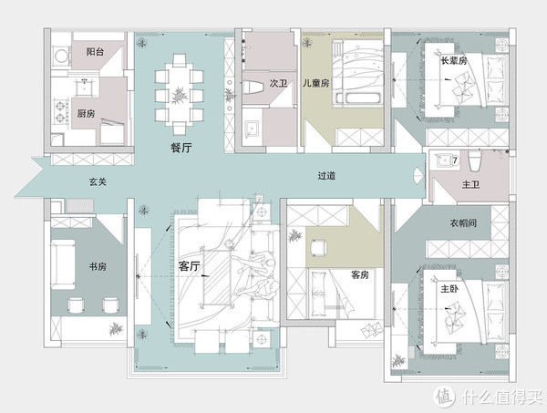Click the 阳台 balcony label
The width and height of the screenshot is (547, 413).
tap(95, 52)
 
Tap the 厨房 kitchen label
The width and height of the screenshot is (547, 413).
tap(86, 113)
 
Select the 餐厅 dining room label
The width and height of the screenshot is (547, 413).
tap(181, 148)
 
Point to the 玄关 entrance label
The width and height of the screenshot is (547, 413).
tap(98, 181)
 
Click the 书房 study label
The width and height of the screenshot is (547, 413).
tap(98, 267)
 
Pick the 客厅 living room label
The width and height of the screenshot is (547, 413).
tap(189, 266)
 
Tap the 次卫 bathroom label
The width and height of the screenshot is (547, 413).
tap(278, 83)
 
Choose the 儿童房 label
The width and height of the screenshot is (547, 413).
tap(315, 83)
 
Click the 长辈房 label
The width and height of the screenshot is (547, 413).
tap(453, 61)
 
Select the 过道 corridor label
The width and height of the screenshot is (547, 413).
tap(326, 175)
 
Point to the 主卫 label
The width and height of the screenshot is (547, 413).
tap(470, 184)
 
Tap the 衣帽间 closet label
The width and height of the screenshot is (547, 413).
tap(463, 222)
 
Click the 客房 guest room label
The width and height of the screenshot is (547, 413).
tap(360, 274)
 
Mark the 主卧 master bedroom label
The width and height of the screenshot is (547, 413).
tap(449, 289)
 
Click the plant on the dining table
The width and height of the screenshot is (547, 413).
tap(179, 95)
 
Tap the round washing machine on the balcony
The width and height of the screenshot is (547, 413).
tap(62, 56)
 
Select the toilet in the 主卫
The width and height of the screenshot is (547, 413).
tap(474, 160)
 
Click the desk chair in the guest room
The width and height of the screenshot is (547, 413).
tap(317, 248)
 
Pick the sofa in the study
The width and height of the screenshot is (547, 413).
tap(63, 264)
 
